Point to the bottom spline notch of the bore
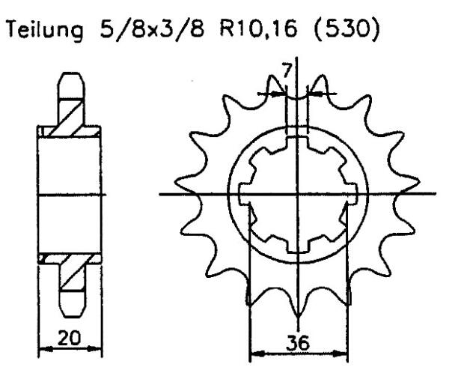[298, 249]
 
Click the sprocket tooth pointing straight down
[298, 307]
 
